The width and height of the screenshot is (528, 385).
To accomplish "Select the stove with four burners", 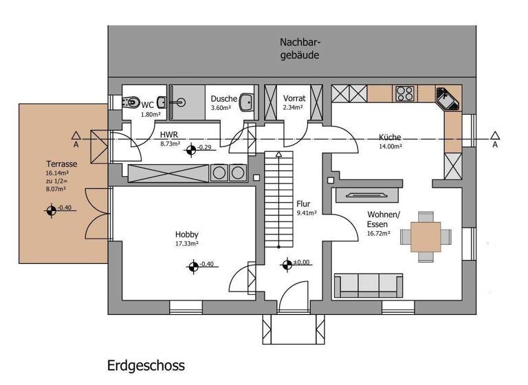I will coord(404,93).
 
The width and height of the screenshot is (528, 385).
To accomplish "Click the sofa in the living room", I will coord(368,284).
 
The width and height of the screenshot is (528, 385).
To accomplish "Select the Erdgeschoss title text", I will coord(146,365).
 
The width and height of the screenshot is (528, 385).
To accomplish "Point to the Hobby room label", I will coord(187,234).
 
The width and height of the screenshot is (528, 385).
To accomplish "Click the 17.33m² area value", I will coord(187,243).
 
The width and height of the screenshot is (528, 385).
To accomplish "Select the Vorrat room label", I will coord(294,98).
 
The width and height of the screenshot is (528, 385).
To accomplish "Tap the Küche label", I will coord(389,137).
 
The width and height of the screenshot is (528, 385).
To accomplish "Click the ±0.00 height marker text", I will coord(302,262).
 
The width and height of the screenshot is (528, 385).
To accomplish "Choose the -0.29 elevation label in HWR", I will coord(205,147).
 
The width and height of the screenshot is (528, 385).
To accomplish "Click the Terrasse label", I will coord(61,164).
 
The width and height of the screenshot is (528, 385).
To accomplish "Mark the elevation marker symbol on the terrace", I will coord(51,210).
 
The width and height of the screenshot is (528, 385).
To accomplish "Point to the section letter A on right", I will coord(495,145).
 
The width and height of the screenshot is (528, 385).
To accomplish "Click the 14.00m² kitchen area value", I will coord(390,146).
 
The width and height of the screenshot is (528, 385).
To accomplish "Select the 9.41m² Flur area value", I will coord(307,214).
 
